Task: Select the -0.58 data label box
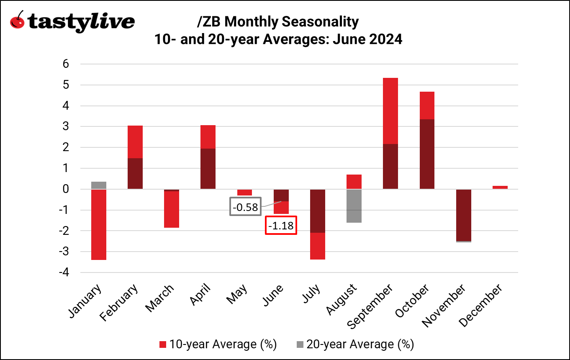245,206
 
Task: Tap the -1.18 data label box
281,225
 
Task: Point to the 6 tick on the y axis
66,64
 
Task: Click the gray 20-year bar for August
354,206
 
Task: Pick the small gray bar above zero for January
98,185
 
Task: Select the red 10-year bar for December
500,187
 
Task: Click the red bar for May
244,192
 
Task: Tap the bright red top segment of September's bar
390,111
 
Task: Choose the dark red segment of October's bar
427,154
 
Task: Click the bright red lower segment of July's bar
318,246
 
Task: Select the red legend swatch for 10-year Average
163,345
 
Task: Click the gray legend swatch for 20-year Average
300,345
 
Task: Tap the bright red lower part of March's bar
172,209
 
